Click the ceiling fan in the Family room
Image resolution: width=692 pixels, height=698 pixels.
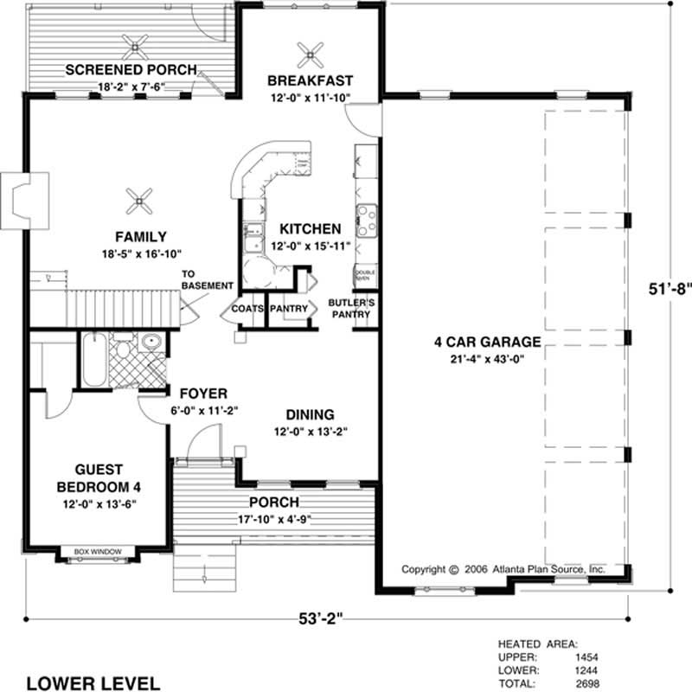[138, 202]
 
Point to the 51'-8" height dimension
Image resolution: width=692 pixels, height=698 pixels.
[670, 289]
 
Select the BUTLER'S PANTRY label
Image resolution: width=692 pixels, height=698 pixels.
[350, 308]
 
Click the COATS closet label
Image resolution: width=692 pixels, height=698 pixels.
[247, 308]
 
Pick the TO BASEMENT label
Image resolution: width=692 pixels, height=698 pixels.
[208, 279]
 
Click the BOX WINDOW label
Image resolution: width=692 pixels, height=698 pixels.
[97, 551]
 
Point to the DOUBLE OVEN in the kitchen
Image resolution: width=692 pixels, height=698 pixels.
[363, 275]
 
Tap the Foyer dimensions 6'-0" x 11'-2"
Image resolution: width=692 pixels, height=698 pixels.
[203, 411]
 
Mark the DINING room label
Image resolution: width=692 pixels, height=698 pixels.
[311, 414]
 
